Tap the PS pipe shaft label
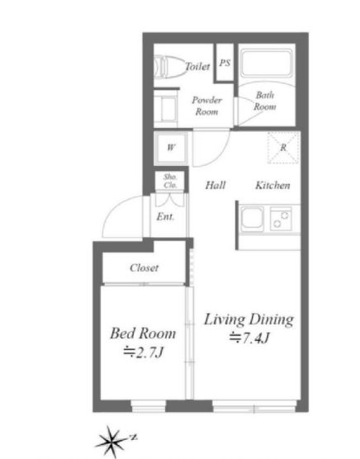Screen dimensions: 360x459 (x=225, y=63)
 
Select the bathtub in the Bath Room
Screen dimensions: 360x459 (x=266, y=64)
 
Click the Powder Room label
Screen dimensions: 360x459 (x=206, y=106)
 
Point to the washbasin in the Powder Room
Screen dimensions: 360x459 (x=165, y=108)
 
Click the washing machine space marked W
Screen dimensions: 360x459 (x=171, y=148)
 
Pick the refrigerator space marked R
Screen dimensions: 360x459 (x=283, y=147)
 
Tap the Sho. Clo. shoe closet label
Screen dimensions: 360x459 (x=170, y=181)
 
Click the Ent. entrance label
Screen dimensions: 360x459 (x=165, y=216)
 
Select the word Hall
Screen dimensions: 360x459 (x=216, y=185)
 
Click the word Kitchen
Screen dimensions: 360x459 (x=272, y=185)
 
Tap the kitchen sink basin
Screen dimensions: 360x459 (x=252, y=219)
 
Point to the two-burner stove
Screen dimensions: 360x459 (x=281, y=219)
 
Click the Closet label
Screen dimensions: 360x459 (x=144, y=267)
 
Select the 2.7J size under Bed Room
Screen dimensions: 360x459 (x=143, y=353)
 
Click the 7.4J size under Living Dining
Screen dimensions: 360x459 (x=249, y=338)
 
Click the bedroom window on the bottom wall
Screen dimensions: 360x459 (x=149, y=406)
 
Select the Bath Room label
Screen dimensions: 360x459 (x=264, y=101)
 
